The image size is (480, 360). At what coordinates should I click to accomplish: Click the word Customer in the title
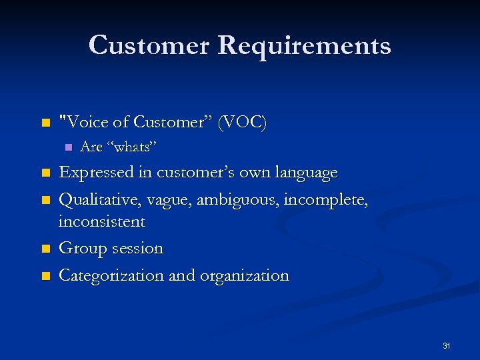point(149,45)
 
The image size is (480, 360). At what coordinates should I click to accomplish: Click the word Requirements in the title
point(304,46)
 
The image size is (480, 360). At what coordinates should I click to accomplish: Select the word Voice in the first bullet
point(81,122)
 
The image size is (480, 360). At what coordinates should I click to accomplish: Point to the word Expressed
point(97,173)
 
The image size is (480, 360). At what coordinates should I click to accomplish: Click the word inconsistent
point(101,221)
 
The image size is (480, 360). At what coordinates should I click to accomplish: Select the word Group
point(81,248)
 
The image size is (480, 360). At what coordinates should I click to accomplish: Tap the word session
point(136,249)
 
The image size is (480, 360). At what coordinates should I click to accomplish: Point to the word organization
point(245,276)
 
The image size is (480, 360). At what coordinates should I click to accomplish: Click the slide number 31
point(446,345)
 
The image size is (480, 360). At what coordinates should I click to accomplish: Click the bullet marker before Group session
point(45,249)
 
